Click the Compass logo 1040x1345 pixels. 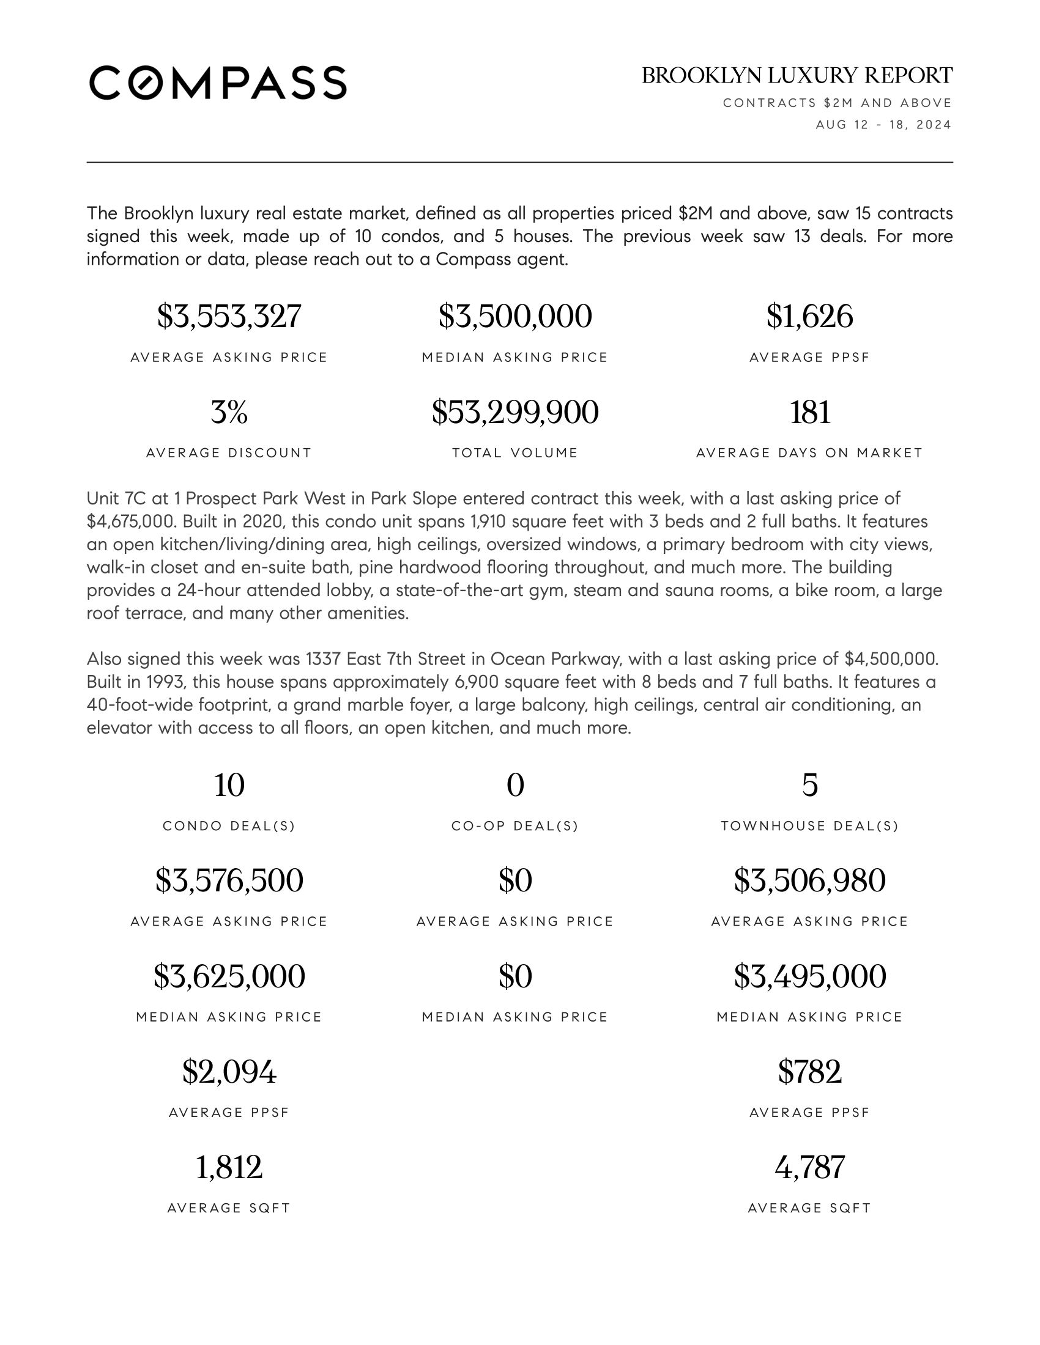(218, 83)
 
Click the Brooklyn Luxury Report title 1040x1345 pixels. (797, 76)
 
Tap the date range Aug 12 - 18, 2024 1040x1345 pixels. (883, 125)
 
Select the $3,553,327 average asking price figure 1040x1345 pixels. (229, 316)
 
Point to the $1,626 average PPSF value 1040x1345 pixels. (809, 316)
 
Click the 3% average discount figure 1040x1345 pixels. (229, 412)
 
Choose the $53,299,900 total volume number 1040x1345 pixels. (515, 412)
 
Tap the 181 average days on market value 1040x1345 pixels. (809, 412)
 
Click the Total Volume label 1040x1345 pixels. (515, 453)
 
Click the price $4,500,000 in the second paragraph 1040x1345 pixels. (891, 659)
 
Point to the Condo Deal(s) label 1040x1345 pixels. (229, 826)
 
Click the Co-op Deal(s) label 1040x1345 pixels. (515, 826)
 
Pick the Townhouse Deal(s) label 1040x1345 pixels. (809, 826)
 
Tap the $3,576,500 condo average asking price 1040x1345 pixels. (229, 880)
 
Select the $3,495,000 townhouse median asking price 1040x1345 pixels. (809, 976)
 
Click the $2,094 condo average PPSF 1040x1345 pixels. (229, 1072)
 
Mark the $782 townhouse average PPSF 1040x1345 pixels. (809, 1072)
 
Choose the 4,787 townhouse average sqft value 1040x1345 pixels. (809, 1167)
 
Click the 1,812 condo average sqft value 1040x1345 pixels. (229, 1167)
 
